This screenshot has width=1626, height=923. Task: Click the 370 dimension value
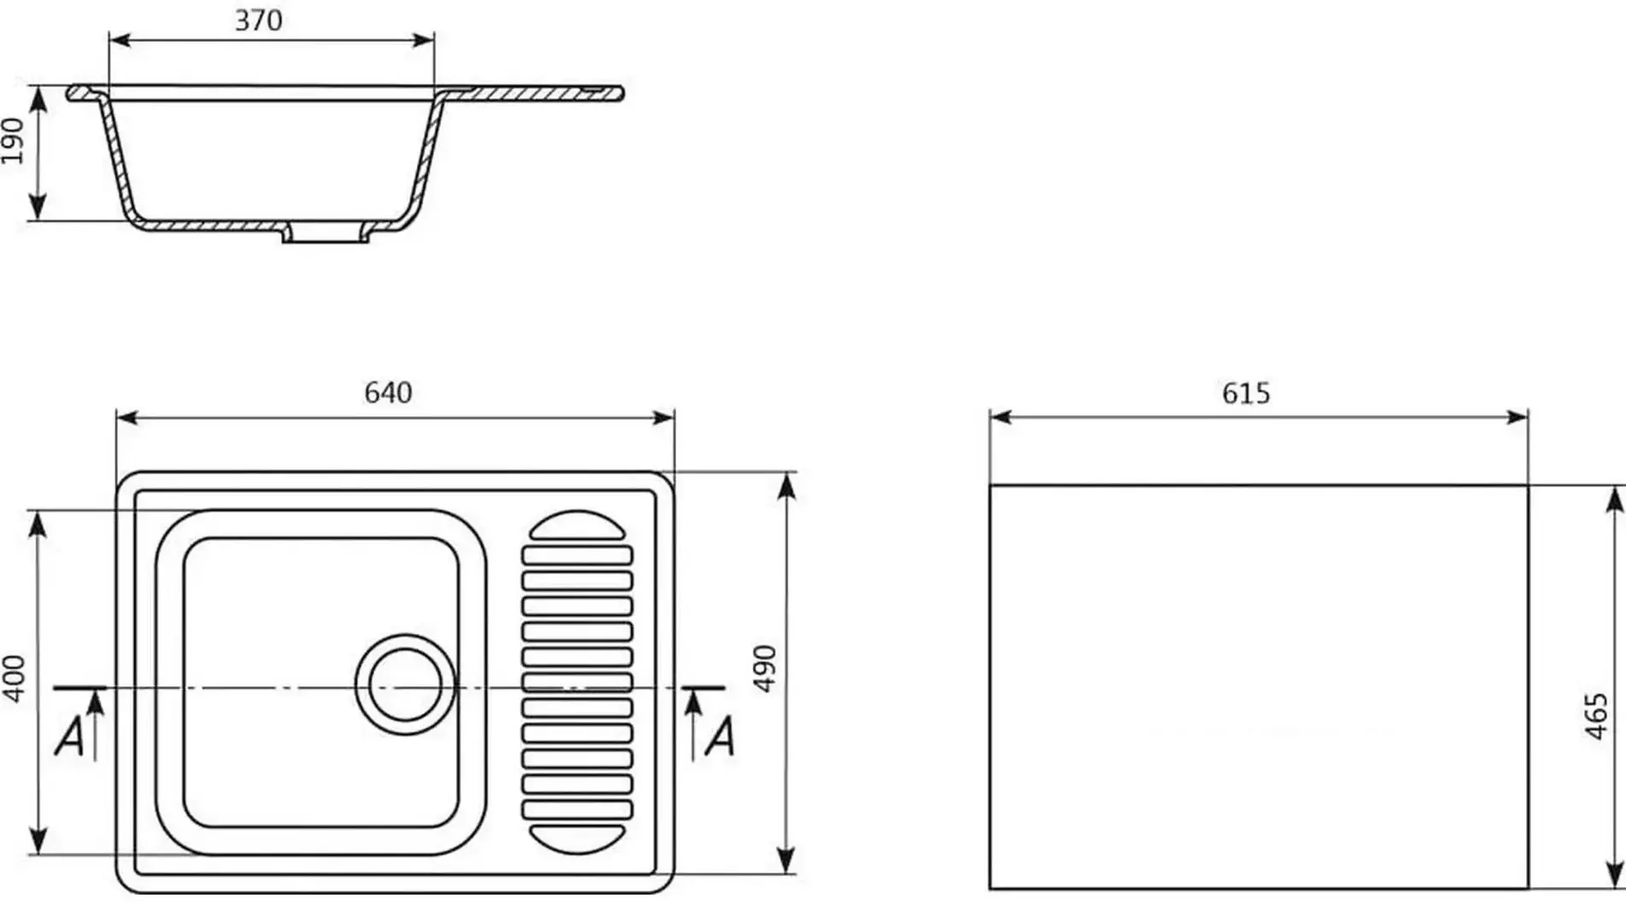[x=258, y=20]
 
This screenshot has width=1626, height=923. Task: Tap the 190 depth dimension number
[x=13, y=141]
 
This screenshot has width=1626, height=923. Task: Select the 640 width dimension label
[x=388, y=392]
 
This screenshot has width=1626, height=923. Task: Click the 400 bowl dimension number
[x=15, y=679]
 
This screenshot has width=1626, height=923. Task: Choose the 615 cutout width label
[x=1246, y=393]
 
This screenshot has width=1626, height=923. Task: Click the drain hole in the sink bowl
[x=405, y=685]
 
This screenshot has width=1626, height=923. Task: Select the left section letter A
[x=69, y=736]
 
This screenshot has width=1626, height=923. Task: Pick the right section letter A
[x=719, y=736]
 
